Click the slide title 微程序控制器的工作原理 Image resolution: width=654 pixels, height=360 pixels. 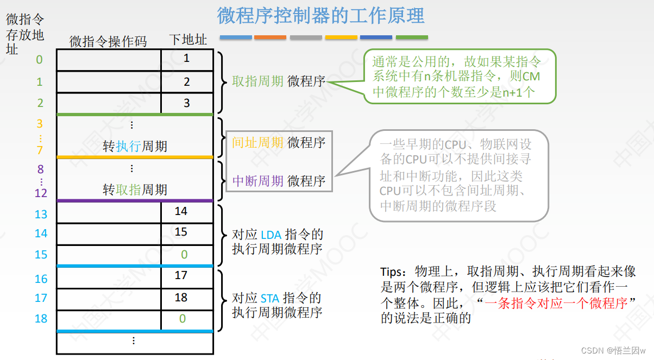pyautogui.click(x=320, y=15)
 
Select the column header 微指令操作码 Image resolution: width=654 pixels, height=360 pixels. pyautogui.click(x=108, y=41)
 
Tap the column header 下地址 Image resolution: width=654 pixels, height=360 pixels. pyautogui.click(x=187, y=40)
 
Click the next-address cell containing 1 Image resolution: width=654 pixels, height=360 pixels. pyautogui.click(x=187, y=58)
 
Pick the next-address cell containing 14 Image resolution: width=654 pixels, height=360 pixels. pyautogui.click(x=181, y=211)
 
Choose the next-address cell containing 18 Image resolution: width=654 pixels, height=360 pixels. pyautogui.click(x=181, y=298)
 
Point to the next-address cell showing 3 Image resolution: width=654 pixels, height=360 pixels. pyautogui.click(x=187, y=103)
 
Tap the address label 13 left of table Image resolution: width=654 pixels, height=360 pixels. pyautogui.click(x=41, y=214)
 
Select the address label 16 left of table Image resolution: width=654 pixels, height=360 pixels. pyautogui.click(x=41, y=279)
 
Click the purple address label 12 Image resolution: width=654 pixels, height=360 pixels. pyautogui.click(x=41, y=193)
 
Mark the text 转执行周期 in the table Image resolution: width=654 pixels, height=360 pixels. pyautogui.click(x=135, y=147)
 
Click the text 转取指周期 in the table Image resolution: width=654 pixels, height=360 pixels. pyautogui.click(x=135, y=190)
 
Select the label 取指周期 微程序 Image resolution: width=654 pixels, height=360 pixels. pyautogui.click(x=278, y=81)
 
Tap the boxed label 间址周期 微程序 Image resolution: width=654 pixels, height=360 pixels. pyautogui.click(x=278, y=143)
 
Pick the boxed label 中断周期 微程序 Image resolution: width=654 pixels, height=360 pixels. pyautogui.click(x=278, y=181)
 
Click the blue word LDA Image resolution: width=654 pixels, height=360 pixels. pyautogui.click(x=271, y=235)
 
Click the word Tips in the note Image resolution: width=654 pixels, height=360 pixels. pyautogui.click(x=392, y=271)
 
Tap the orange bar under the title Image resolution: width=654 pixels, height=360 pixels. pyautogui.click(x=270, y=37)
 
